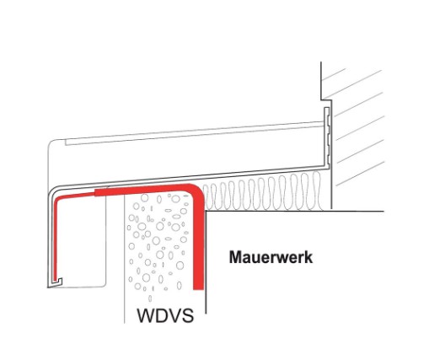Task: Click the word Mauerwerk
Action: coord(271,257)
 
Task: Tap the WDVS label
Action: coord(165,315)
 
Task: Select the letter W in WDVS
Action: coord(145,315)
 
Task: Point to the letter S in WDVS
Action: coord(188,315)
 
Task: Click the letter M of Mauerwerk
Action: coord(235,257)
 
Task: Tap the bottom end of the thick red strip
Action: coord(199,289)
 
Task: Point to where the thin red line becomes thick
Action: coord(95,193)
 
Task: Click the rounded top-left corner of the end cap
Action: coord(51,142)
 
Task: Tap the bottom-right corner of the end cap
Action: coord(105,286)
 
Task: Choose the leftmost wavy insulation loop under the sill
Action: coord(206,197)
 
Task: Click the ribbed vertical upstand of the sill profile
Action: coord(327,136)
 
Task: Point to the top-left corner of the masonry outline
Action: coord(206,211)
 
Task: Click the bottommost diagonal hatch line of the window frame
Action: coord(359,174)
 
